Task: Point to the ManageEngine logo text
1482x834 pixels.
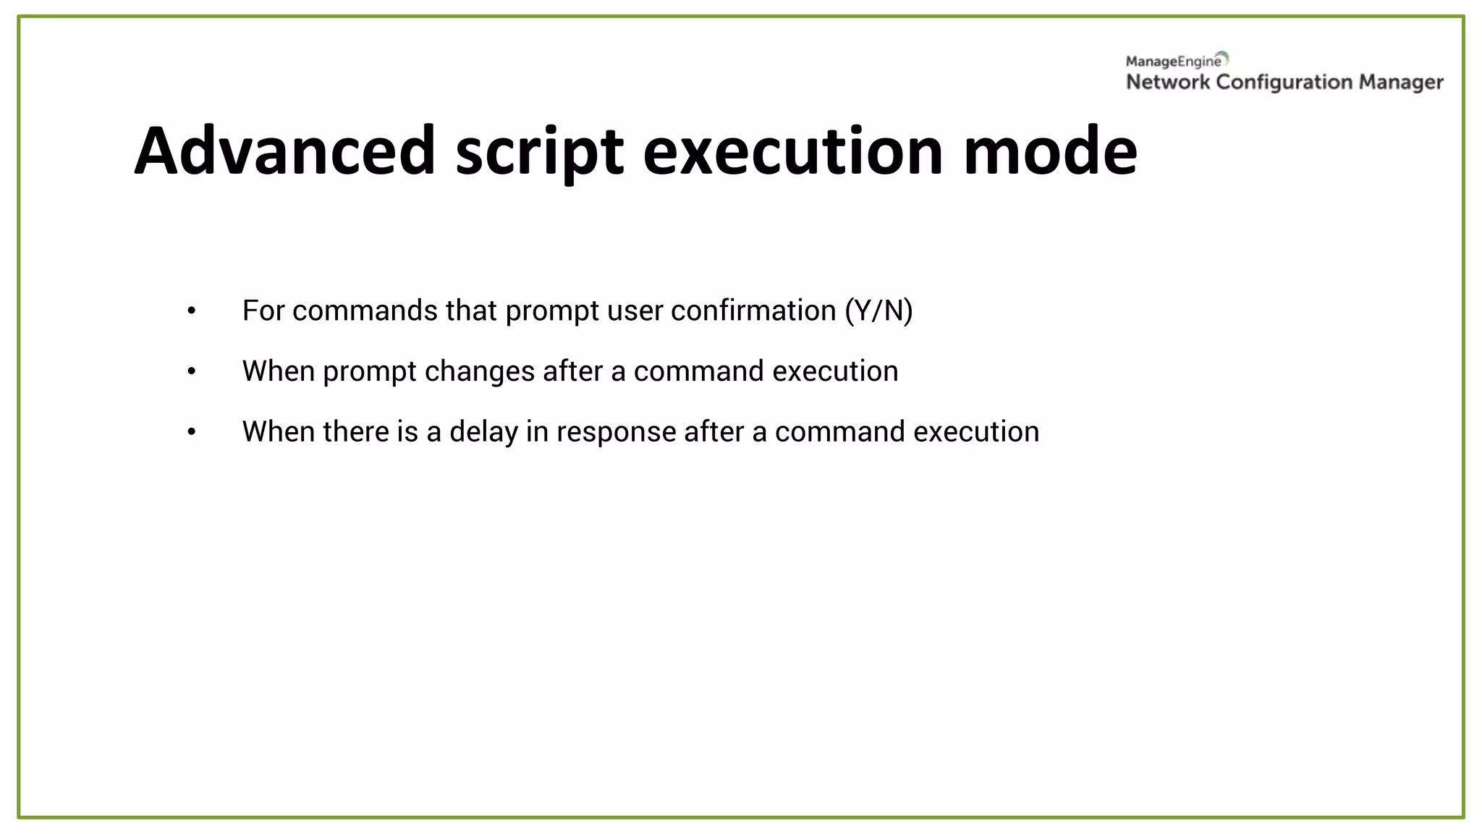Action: click(x=1173, y=62)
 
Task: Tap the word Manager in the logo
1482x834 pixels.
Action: click(x=1401, y=83)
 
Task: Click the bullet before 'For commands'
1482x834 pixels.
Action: click(x=192, y=311)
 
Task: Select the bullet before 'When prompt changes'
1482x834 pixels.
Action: click(x=192, y=371)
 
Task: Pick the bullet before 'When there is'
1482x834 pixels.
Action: click(x=192, y=432)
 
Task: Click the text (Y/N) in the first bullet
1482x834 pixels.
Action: click(x=878, y=311)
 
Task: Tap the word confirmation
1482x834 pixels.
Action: click(x=753, y=311)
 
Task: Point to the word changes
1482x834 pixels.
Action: click(x=480, y=371)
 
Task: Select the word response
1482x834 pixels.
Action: click(x=616, y=432)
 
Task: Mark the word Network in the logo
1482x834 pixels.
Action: click(x=1167, y=82)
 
